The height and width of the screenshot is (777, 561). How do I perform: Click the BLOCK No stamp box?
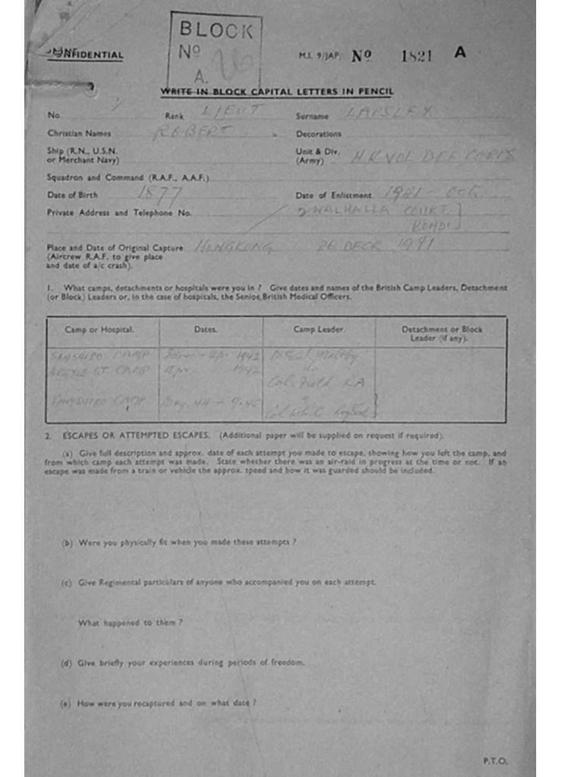(216, 51)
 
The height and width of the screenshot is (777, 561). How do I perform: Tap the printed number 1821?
(417, 55)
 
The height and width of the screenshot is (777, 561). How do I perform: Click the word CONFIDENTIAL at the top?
(85, 55)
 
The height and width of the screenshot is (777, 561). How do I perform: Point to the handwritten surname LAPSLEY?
(389, 112)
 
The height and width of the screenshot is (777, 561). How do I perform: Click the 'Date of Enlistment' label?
(333, 196)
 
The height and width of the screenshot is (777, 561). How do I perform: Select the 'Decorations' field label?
(318, 134)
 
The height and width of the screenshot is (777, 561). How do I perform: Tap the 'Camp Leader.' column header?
(319, 330)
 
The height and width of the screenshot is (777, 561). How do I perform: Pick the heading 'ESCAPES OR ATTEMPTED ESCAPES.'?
(136, 436)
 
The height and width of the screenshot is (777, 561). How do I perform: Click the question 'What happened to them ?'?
(131, 623)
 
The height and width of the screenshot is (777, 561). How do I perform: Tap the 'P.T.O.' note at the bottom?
(495, 760)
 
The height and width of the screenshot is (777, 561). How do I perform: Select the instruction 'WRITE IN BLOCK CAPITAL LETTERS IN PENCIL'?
(277, 93)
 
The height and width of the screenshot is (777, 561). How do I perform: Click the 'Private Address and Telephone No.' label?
(119, 213)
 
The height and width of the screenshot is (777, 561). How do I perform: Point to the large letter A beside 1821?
(459, 53)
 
